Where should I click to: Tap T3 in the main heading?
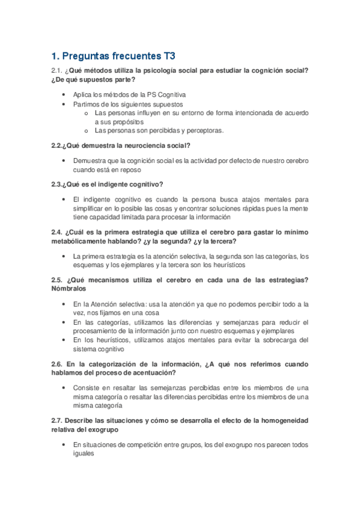pyautogui.click(x=168, y=57)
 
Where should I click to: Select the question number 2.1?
pyautogui.click(x=58, y=71)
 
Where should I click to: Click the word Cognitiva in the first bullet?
pyautogui.click(x=171, y=94)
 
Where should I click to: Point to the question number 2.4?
pyautogui.click(x=58, y=232)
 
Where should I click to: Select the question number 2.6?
pyautogui.click(x=58, y=364)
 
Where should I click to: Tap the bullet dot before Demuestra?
pyautogui.click(x=64, y=161)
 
